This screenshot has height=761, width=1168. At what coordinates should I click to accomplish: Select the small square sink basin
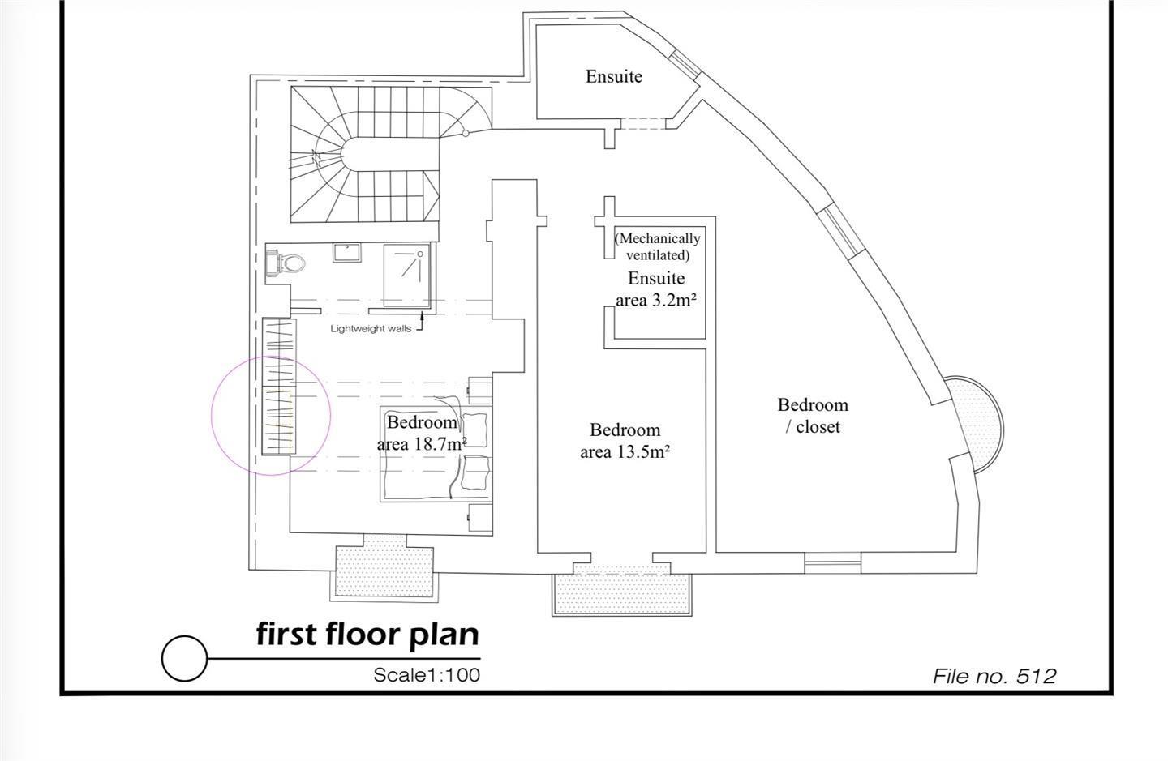346,253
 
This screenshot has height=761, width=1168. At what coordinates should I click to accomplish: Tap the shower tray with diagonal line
406,275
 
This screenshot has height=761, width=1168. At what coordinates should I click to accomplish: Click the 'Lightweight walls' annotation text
371,329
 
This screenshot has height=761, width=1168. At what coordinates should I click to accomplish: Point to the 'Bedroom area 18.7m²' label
422,433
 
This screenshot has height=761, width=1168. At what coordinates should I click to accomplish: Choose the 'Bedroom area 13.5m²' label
625,441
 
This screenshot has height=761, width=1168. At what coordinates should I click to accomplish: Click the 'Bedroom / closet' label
813,416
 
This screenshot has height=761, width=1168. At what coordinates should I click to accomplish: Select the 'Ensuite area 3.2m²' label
656,289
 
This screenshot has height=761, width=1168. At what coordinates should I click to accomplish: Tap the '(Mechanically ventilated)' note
657,246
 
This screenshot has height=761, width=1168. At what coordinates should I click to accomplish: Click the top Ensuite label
614,76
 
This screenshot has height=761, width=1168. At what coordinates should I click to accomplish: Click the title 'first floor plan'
367,635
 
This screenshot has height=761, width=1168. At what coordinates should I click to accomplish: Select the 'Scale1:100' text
427,675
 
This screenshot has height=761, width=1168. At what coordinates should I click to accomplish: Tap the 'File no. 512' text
994,676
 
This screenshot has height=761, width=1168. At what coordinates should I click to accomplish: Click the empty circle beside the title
184,658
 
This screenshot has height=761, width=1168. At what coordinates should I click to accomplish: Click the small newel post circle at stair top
466,134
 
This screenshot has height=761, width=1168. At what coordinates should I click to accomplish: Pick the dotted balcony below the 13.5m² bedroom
622,593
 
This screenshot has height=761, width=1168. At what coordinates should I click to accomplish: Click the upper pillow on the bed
474,430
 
